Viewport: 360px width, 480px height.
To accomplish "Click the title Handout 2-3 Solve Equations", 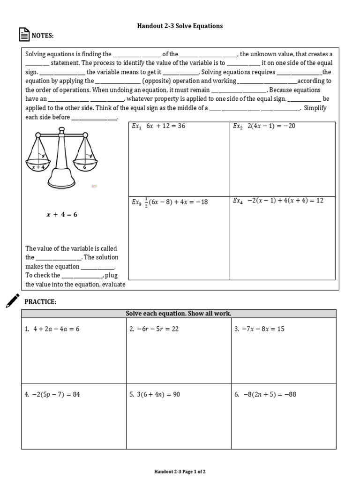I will (x=180, y=26).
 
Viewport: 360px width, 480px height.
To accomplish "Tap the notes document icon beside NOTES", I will (x=23, y=35).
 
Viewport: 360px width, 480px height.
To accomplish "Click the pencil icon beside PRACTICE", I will (x=13, y=300).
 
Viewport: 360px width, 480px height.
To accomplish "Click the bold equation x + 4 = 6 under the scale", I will (x=61, y=214).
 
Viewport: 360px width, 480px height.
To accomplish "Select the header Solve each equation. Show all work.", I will (x=179, y=314).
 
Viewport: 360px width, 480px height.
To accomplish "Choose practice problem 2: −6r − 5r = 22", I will (x=154, y=329).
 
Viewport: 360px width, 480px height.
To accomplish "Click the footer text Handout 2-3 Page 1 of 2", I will (x=180, y=472).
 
